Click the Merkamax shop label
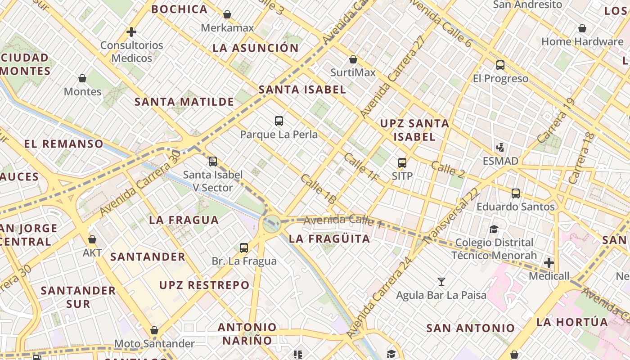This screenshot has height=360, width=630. [227, 28]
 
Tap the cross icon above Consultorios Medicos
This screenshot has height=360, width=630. [131, 32]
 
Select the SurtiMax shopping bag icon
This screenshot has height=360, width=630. [353, 59]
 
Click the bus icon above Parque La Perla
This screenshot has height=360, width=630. [279, 121]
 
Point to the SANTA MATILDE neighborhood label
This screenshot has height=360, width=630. [184, 102]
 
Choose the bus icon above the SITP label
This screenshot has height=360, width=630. [402, 162]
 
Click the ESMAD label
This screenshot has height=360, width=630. [500, 161]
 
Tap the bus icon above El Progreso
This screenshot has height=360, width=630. [500, 65]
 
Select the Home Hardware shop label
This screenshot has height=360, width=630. [582, 42]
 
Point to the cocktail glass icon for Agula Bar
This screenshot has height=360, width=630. [441, 282]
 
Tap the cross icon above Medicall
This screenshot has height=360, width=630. [549, 262]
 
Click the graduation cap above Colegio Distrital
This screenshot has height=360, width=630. [494, 229]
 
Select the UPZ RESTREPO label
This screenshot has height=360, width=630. [204, 285]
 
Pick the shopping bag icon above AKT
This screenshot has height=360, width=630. [92, 239]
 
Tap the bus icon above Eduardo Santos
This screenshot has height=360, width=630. [516, 193]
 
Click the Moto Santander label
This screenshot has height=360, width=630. [154, 344]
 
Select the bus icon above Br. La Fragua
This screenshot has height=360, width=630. [244, 247]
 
